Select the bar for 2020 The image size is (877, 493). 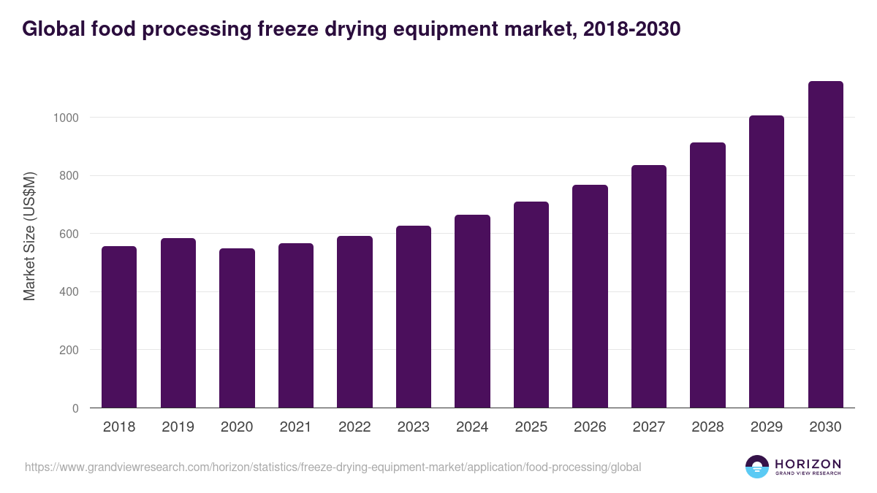[x=237, y=329]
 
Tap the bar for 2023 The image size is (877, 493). [x=413, y=317]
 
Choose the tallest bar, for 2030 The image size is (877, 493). [x=825, y=245]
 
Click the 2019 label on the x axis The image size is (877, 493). [x=178, y=427]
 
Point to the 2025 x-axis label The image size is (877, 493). [x=531, y=427]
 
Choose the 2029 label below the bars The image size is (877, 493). [x=767, y=427]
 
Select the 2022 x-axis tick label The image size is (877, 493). [x=354, y=427]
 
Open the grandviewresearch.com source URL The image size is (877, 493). [x=333, y=467]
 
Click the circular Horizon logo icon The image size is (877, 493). [x=757, y=467]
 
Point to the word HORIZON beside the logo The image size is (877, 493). [x=808, y=464]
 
